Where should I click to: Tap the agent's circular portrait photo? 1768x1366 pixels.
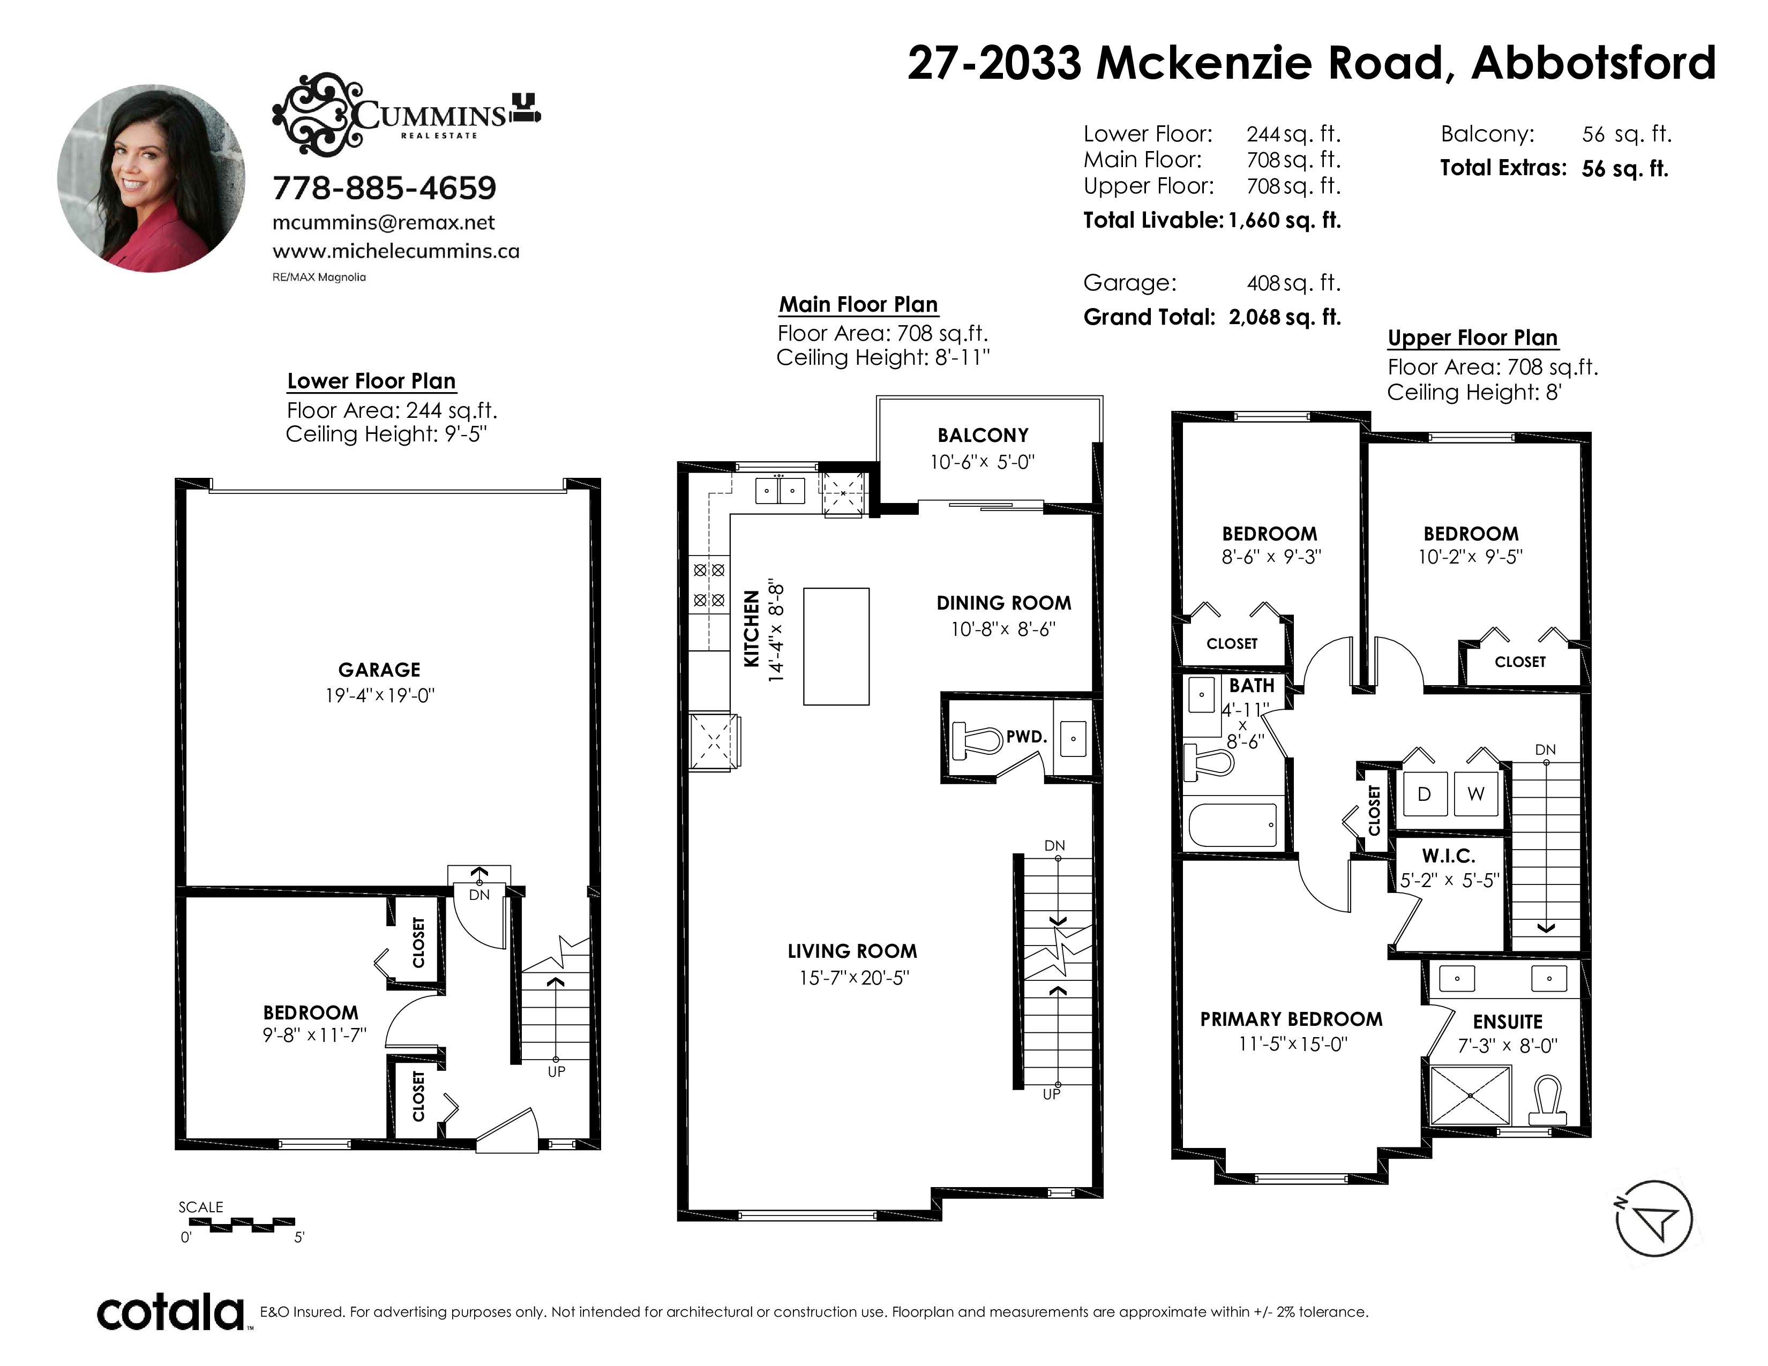[x=152, y=178]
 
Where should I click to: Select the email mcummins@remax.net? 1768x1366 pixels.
[x=383, y=222]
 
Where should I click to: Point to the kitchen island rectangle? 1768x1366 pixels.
[x=836, y=647]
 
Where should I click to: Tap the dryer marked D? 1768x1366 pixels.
[x=1424, y=794]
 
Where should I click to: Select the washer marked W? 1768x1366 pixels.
[x=1476, y=794]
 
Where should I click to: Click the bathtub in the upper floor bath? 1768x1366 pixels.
[x=1232, y=824]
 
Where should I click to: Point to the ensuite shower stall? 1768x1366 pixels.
[x=1471, y=1095]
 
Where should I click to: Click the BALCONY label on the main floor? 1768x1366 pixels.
[x=983, y=436]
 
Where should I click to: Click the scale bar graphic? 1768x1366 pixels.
[x=252, y=1225]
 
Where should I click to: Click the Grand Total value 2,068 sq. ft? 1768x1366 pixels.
[x=1285, y=317]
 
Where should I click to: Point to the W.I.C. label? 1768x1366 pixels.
[x=1448, y=855]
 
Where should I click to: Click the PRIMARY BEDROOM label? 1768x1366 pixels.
[x=1291, y=1019]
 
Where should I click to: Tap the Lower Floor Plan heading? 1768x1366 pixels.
[x=372, y=381]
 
